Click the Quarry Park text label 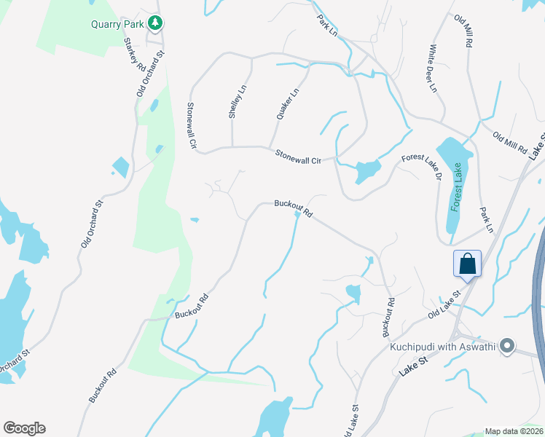point(116,23)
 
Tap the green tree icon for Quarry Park point(154,23)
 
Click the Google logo point(24,428)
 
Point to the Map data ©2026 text point(514,431)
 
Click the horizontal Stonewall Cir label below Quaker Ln point(298,156)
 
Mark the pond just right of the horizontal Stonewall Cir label point(366,173)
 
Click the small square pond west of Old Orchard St point(120,167)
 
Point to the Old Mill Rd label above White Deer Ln point(464,31)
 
